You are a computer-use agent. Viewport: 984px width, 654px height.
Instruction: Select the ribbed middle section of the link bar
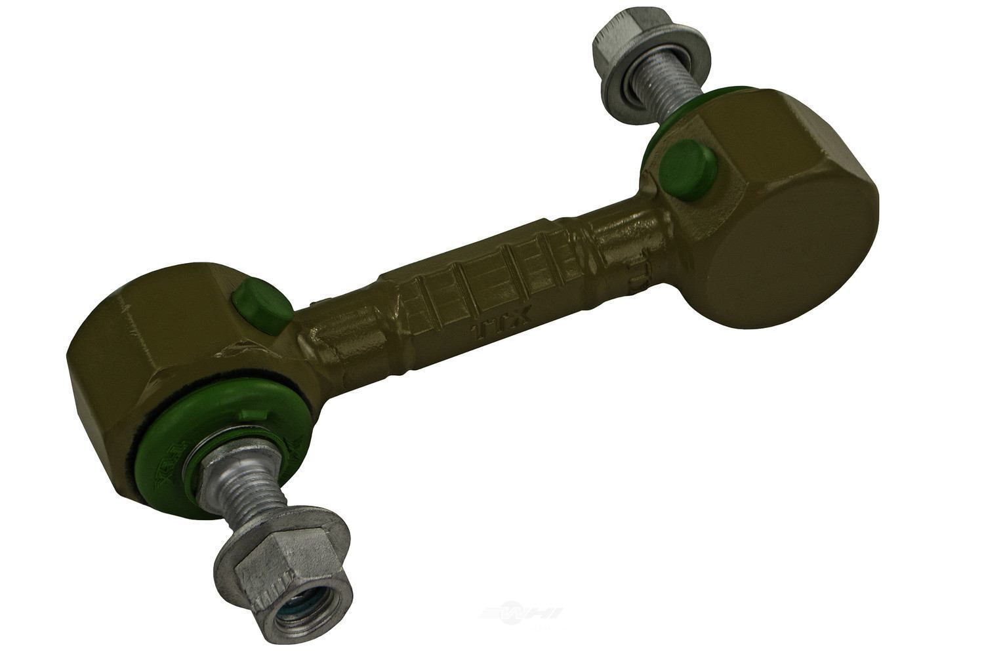pyautogui.click(x=499, y=262)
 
